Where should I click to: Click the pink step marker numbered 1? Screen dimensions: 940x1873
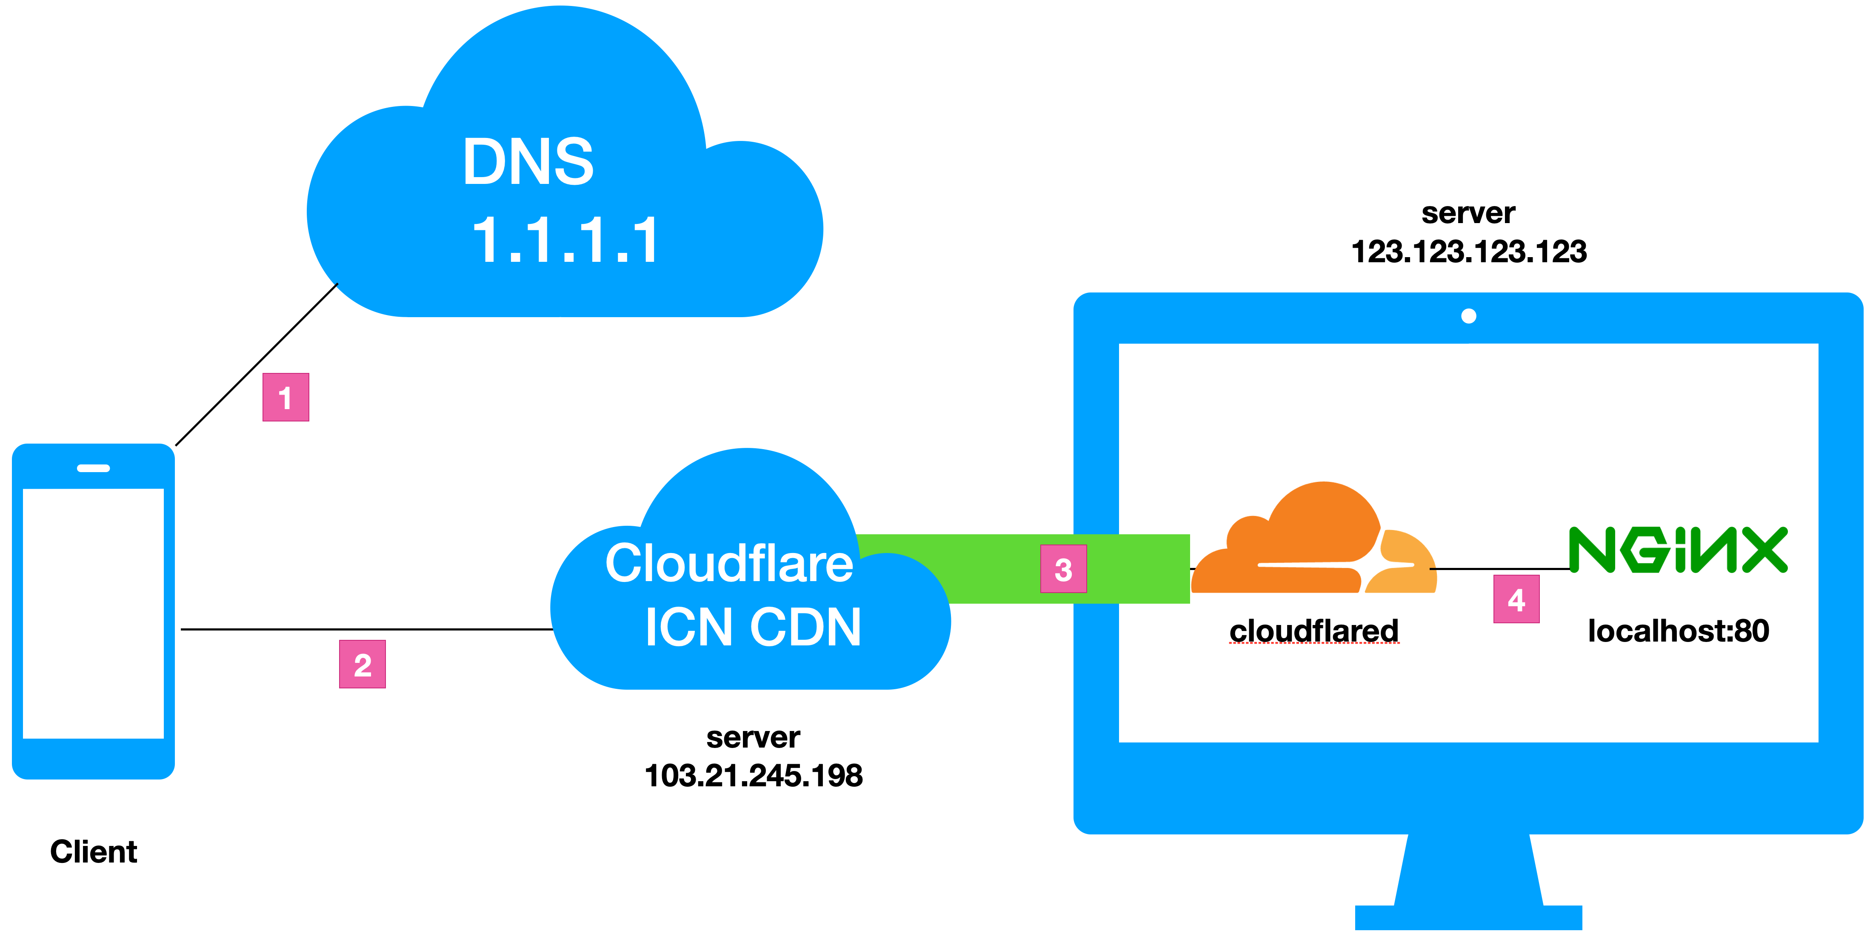(x=286, y=397)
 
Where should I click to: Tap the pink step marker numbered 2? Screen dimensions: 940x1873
(x=362, y=664)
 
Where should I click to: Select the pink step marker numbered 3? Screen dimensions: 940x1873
(x=1063, y=569)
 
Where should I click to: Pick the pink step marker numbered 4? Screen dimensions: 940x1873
(x=1516, y=599)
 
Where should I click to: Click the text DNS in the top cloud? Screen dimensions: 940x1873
(x=528, y=161)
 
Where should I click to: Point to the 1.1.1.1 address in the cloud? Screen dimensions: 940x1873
(x=565, y=240)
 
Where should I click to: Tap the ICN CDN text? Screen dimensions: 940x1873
(x=753, y=627)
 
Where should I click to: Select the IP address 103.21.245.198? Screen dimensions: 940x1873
(x=753, y=776)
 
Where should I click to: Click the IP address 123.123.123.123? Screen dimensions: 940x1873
(x=1469, y=252)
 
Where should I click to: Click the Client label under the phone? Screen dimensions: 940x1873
(x=93, y=851)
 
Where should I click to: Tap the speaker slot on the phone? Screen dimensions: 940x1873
(x=93, y=468)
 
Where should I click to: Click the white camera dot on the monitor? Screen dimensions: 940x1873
(x=1469, y=316)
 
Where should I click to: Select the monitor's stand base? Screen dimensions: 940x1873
(x=1469, y=917)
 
